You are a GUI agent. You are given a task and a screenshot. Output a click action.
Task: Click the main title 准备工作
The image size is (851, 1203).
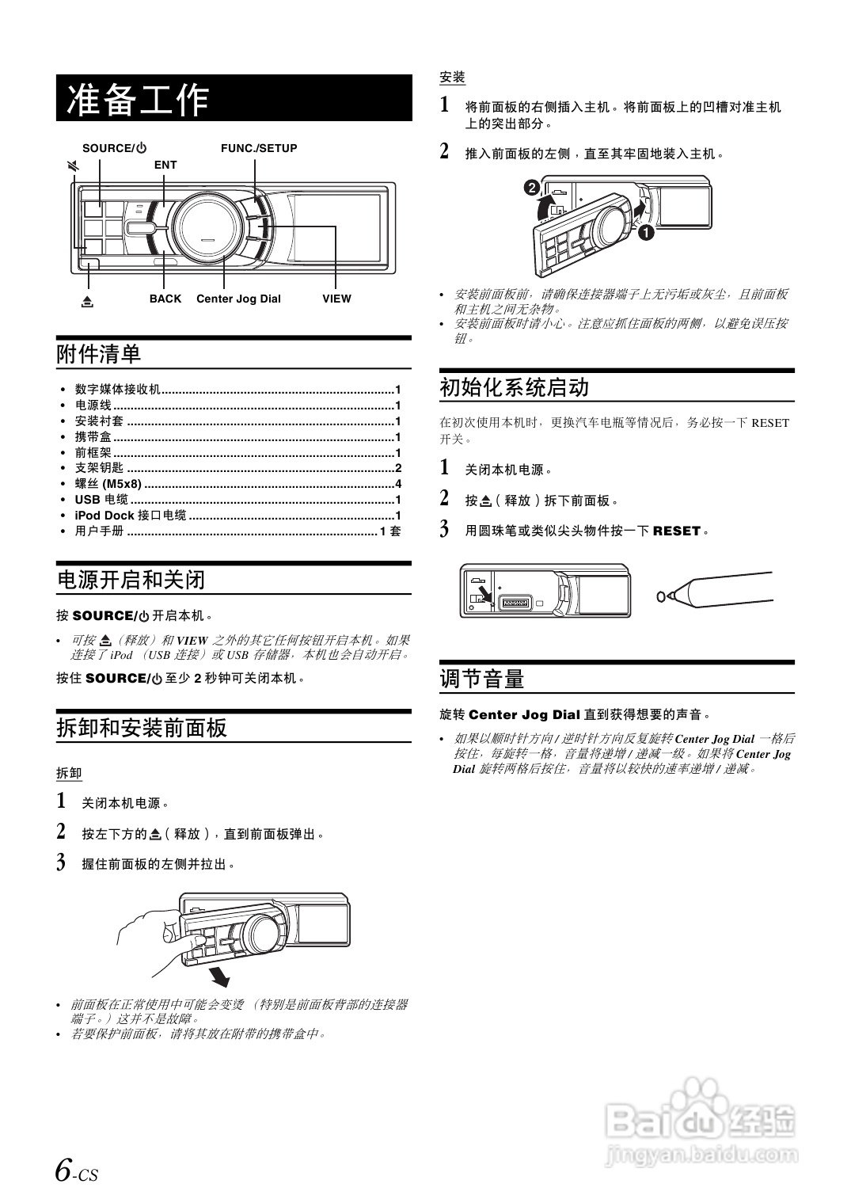tap(139, 99)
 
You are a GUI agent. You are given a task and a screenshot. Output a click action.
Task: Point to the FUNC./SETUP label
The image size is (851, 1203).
tap(259, 148)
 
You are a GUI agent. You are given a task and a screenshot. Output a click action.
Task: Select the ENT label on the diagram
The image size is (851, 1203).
tap(165, 165)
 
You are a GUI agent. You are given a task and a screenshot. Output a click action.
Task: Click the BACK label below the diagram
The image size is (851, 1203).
tap(165, 299)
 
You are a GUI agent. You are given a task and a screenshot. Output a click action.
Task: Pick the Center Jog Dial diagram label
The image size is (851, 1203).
tap(238, 299)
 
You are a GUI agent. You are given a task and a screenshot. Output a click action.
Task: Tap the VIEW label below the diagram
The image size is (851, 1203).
tap(336, 299)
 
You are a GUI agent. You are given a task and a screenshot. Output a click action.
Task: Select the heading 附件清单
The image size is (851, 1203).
tap(99, 354)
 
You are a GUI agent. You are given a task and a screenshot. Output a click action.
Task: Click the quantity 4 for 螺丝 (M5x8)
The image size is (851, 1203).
tap(398, 484)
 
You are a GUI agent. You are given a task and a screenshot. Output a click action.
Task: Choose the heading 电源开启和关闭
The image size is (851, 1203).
tap(131, 580)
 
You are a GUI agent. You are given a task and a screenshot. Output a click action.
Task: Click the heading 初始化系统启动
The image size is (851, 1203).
tap(515, 387)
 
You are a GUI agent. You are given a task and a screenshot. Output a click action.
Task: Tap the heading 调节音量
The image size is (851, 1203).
tap(482, 679)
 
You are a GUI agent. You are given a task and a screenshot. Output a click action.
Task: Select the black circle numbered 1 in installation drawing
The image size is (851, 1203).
tap(646, 233)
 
